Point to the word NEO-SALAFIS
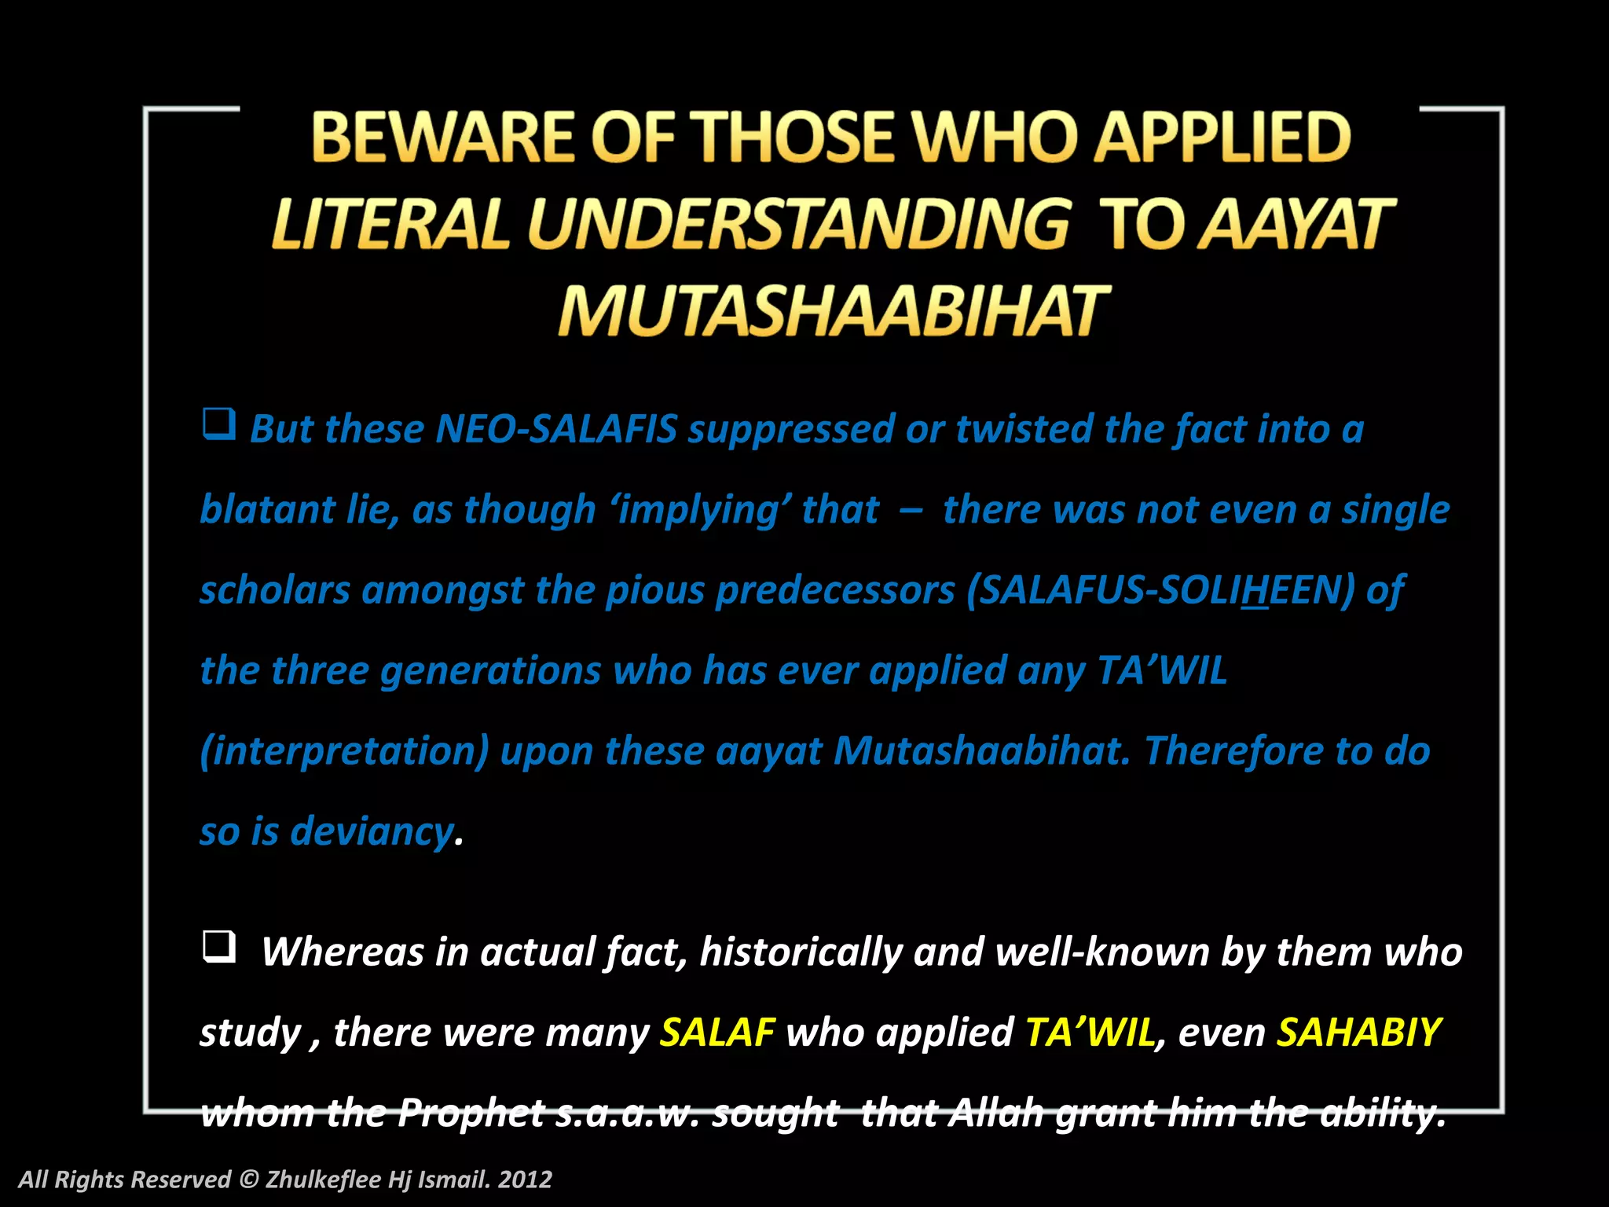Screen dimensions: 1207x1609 click(x=555, y=429)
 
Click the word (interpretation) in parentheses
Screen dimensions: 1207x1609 click(x=344, y=751)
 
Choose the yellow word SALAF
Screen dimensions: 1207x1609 click(x=717, y=1033)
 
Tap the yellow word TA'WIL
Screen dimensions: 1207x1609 click(x=1090, y=1033)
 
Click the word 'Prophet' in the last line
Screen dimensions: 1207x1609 click(x=471, y=1113)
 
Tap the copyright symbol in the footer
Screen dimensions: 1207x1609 click(x=248, y=1179)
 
